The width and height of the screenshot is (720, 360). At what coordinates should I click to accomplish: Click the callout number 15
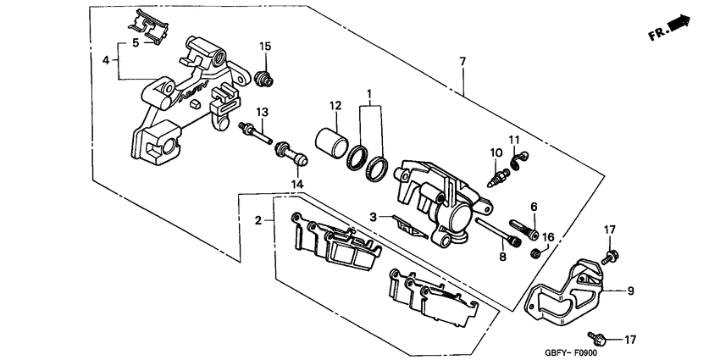click(x=265, y=46)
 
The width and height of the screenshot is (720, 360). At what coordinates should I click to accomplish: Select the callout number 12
click(x=335, y=106)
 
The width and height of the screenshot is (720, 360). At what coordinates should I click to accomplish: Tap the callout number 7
click(x=462, y=62)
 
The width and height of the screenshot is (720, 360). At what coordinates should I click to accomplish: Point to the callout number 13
click(x=263, y=113)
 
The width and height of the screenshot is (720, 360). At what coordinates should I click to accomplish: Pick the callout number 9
click(x=630, y=290)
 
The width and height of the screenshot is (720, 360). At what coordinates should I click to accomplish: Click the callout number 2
click(x=258, y=220)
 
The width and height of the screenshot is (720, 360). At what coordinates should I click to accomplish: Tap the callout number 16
click(x=548, y=238)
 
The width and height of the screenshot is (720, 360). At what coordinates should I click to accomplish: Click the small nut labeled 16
click(x=535, y=253)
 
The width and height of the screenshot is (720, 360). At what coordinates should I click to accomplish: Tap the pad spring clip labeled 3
click(x=407, y=226)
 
